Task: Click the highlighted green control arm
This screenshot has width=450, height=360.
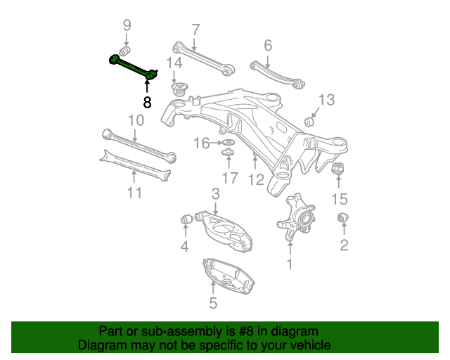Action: [x=131, y=65]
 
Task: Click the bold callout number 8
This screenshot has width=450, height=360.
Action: [x=147, y=103]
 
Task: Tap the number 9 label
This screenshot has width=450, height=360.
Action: [x=127, y=26]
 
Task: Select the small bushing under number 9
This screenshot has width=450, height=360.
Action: [x=126, y=53]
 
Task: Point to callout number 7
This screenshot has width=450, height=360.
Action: [x=195, y=30]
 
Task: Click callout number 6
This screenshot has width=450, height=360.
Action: [x=268, y=46]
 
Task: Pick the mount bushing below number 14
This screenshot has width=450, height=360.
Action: [x=179, y=92]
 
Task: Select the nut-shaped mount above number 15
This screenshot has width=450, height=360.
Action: [x=338, y=170]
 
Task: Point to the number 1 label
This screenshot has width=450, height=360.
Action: [x=289, y=264]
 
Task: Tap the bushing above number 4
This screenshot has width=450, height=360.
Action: [x=187, y=219]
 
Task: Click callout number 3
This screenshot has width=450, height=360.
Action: [x=216, y=193]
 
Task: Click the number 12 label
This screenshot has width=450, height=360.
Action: [x=256, y=180]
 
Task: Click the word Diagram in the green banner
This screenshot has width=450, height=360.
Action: [x=102, y=345]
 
